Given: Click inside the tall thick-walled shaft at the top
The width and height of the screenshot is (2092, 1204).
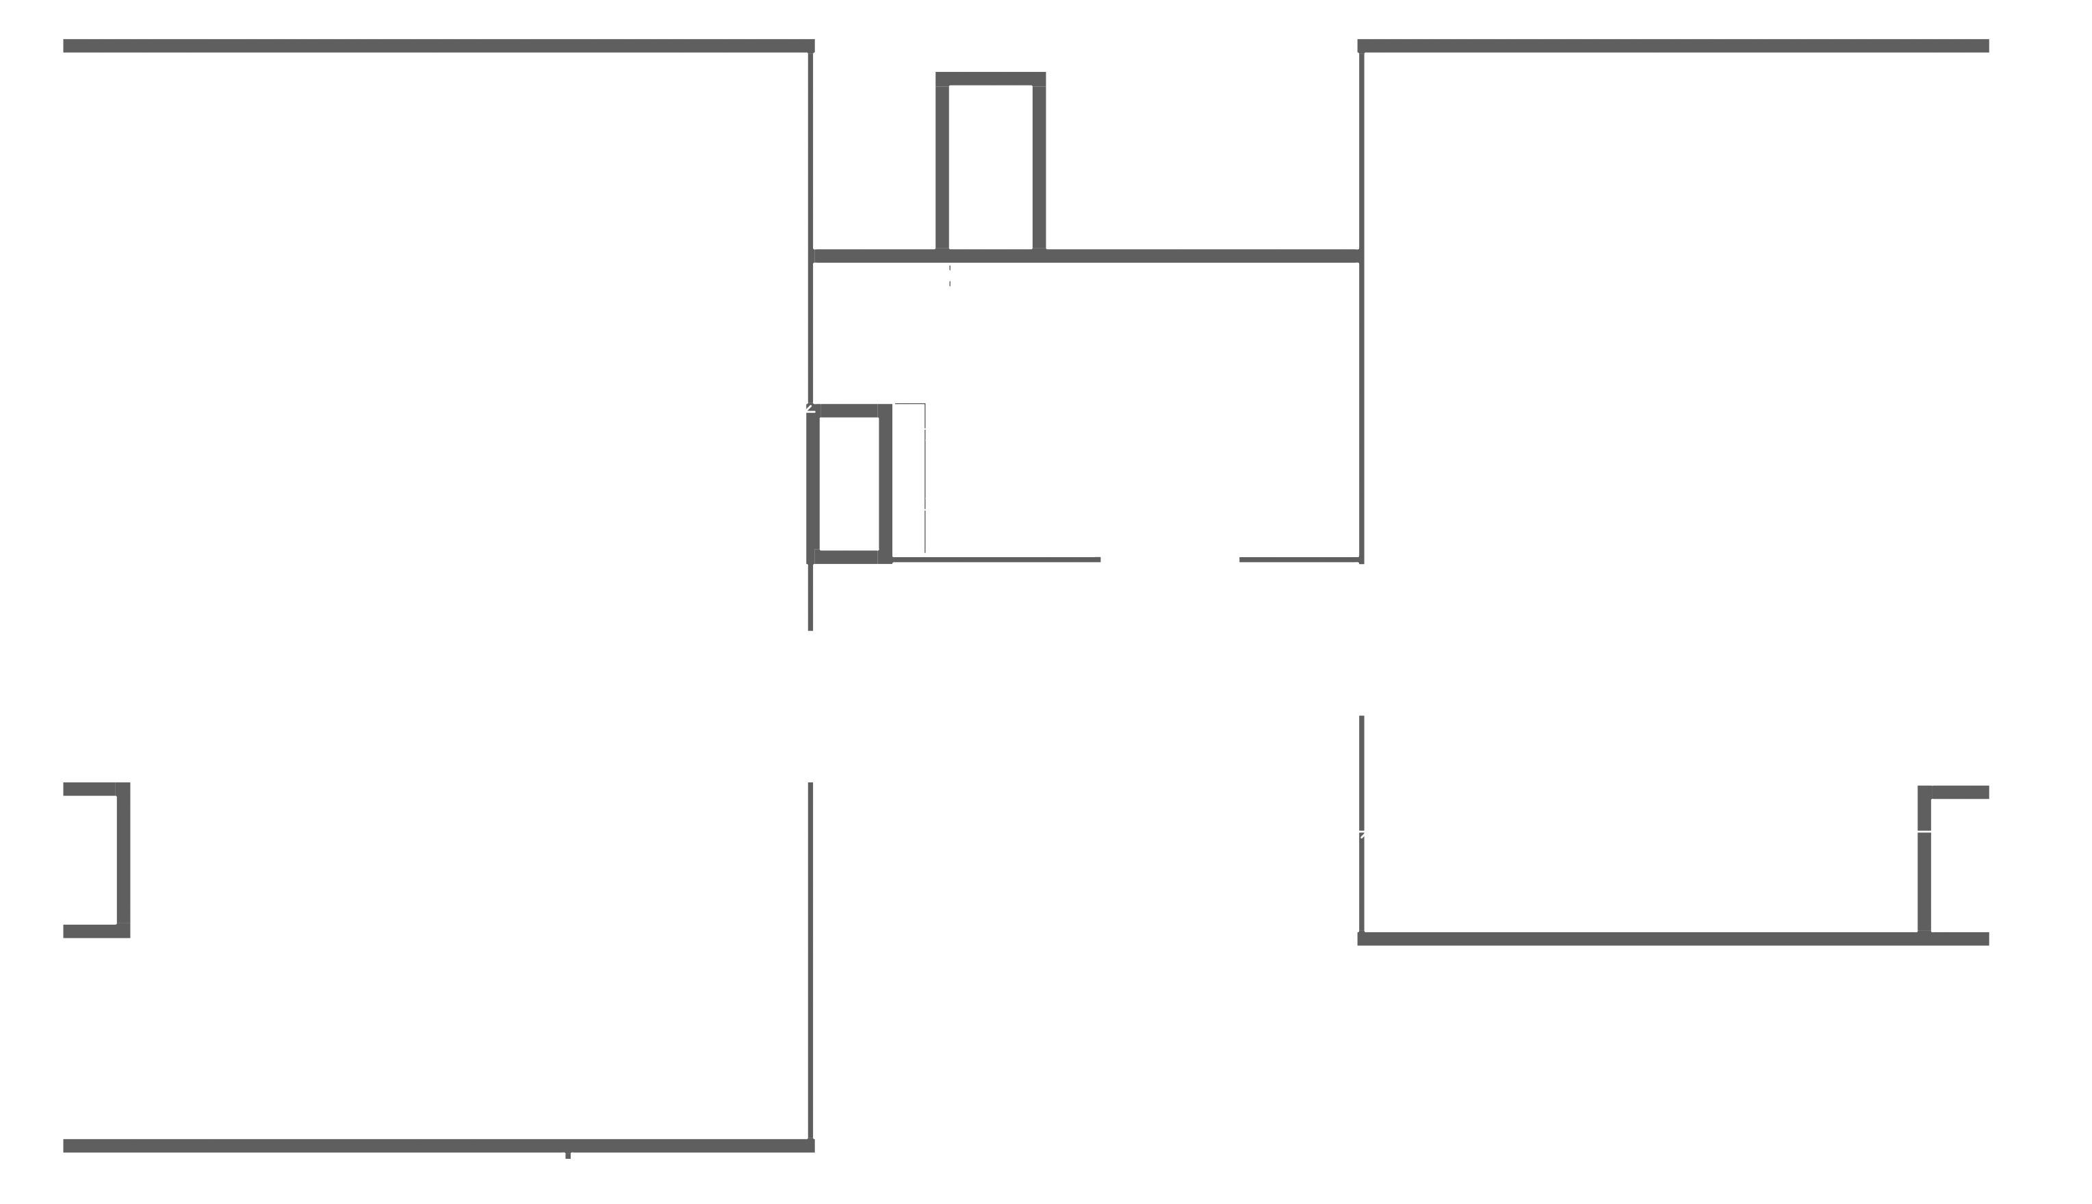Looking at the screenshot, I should [x=990, y=166].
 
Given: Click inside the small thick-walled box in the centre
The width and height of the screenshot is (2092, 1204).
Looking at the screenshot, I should [x=849, y=484].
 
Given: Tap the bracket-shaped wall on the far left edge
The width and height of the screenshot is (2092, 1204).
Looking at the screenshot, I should [x=123, y=860].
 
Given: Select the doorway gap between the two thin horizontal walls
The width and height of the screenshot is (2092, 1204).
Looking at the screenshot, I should [x=1170, y=560].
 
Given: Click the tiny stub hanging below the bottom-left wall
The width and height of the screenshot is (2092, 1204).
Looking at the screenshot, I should [x=568, y=1155].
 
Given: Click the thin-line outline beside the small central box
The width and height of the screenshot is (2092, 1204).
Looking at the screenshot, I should [x=924, y=480].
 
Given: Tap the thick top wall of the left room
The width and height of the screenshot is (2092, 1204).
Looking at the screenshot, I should [x=438, y=45].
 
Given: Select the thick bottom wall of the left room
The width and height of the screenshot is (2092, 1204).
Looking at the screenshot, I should [x=438, y=1145].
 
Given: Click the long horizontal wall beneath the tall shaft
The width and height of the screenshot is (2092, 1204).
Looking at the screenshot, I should [x=1198, y=257].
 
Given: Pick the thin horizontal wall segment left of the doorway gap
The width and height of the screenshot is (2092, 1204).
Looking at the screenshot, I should [x=996, y=560].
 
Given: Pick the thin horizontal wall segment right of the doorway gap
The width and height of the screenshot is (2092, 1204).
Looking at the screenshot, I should [x=1300, y=560].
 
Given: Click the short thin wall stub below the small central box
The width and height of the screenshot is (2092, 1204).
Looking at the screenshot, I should [x=811, y=597].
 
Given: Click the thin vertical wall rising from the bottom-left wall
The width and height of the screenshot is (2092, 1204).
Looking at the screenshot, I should [x=811, y=959].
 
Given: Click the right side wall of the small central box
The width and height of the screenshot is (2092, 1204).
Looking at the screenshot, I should [x=886, y=484].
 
